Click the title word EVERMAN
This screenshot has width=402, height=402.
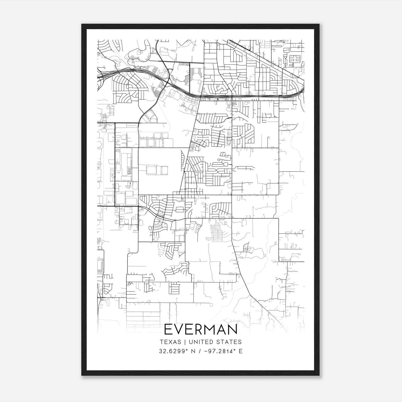(201, 329)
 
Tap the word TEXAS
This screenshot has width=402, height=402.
(170, 342)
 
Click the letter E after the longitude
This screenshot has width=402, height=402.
(241, 351)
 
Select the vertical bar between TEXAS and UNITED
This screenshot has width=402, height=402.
(185, 342)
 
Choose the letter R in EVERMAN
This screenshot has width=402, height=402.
(199, 329)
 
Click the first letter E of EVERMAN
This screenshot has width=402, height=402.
(168, 329)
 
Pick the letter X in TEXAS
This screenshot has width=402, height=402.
(170, 342)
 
